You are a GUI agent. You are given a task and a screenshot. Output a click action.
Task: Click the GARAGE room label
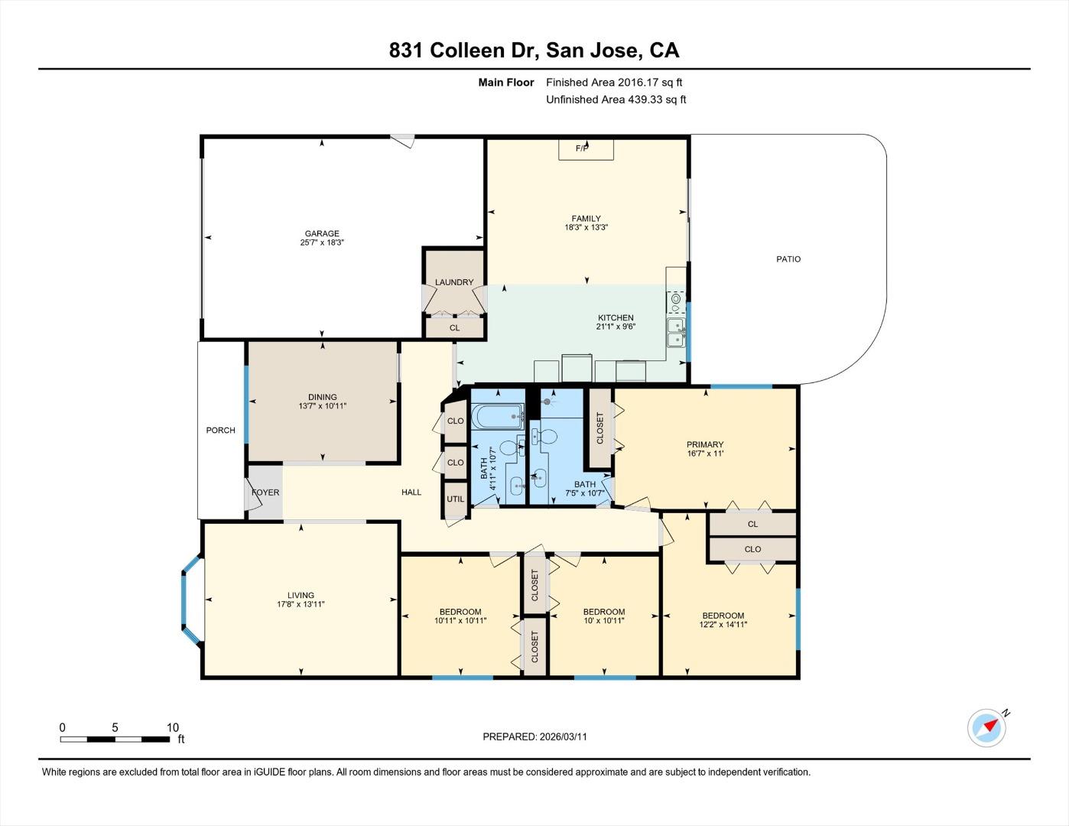coord(321,234)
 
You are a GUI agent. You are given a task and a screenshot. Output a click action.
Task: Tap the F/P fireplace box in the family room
coord(586,148)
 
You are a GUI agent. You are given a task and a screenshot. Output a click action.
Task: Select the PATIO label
coord(788,259)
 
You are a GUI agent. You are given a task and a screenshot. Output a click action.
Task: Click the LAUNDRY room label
coord(454,282)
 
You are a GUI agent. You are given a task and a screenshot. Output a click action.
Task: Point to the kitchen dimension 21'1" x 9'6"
coord(616,327)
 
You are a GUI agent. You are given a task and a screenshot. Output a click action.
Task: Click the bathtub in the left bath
coord(498,418)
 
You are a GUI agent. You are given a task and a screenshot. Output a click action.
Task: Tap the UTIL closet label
coord(455,499)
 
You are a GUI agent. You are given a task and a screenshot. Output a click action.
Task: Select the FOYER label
coord(265,493)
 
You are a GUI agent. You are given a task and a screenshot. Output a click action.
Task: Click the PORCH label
coord(221,431)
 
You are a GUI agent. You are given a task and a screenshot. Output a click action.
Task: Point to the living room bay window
coord(189,600)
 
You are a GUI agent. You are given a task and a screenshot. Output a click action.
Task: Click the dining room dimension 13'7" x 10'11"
coord(323,406)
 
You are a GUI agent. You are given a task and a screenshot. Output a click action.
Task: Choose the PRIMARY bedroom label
coord(704,444)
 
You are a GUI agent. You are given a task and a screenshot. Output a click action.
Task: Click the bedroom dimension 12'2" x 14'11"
coord(723,625)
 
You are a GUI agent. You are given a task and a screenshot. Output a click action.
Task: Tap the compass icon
coord(986,727)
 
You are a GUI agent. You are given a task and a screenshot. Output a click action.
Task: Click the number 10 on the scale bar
coord(173,727)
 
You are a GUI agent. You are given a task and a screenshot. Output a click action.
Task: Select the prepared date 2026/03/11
coord(563,737)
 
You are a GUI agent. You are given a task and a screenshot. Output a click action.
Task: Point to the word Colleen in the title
coord(468,50)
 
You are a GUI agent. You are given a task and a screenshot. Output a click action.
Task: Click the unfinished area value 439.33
coord(648,99)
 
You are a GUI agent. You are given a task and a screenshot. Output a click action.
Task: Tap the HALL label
coord(411,493)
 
